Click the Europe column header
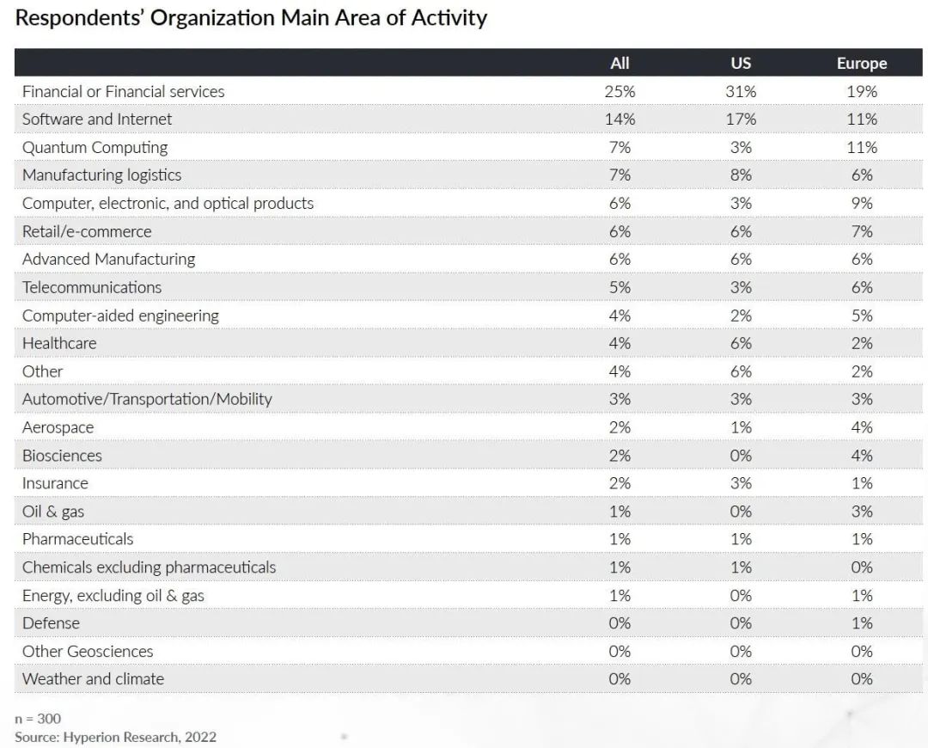[862, 63]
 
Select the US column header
[741, 63]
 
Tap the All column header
[620, 63]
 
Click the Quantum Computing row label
[95, 148]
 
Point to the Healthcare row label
[59, 343]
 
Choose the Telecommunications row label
[92, 287]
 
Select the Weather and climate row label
[93, 678]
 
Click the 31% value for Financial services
[741, 91]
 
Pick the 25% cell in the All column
[620, 91]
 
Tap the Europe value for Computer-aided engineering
[862, 315]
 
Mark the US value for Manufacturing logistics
[741, 175]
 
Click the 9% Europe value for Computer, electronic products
[862, 203]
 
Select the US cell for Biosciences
[741, 456]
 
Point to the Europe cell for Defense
[862, 623]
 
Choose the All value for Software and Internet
[620, 119]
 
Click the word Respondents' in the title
[79, 18]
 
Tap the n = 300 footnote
[38, 719]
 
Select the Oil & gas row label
[53, 512]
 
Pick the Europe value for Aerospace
[862, 427]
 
